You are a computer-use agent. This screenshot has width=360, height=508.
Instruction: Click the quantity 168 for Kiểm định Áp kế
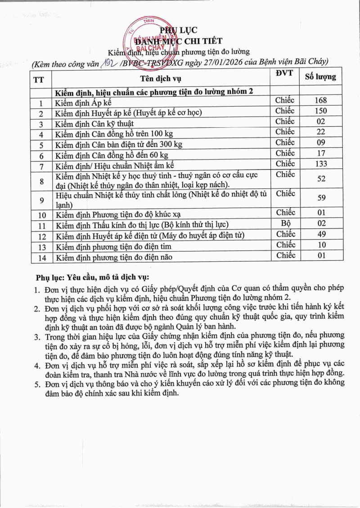coord(321,100)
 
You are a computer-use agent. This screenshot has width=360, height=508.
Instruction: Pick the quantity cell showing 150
coord(321,111)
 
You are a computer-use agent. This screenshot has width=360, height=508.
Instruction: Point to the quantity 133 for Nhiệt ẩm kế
coord(321,164)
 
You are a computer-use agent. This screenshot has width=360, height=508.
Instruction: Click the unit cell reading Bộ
coord(285,223)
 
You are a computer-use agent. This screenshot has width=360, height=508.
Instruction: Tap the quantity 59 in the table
coord(321,197)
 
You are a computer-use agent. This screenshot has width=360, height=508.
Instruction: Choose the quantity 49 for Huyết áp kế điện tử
coord(321,234)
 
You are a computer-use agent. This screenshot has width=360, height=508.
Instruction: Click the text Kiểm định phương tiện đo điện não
coord(113,258)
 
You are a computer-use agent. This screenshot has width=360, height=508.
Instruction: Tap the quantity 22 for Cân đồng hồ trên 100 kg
coord(321,132)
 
